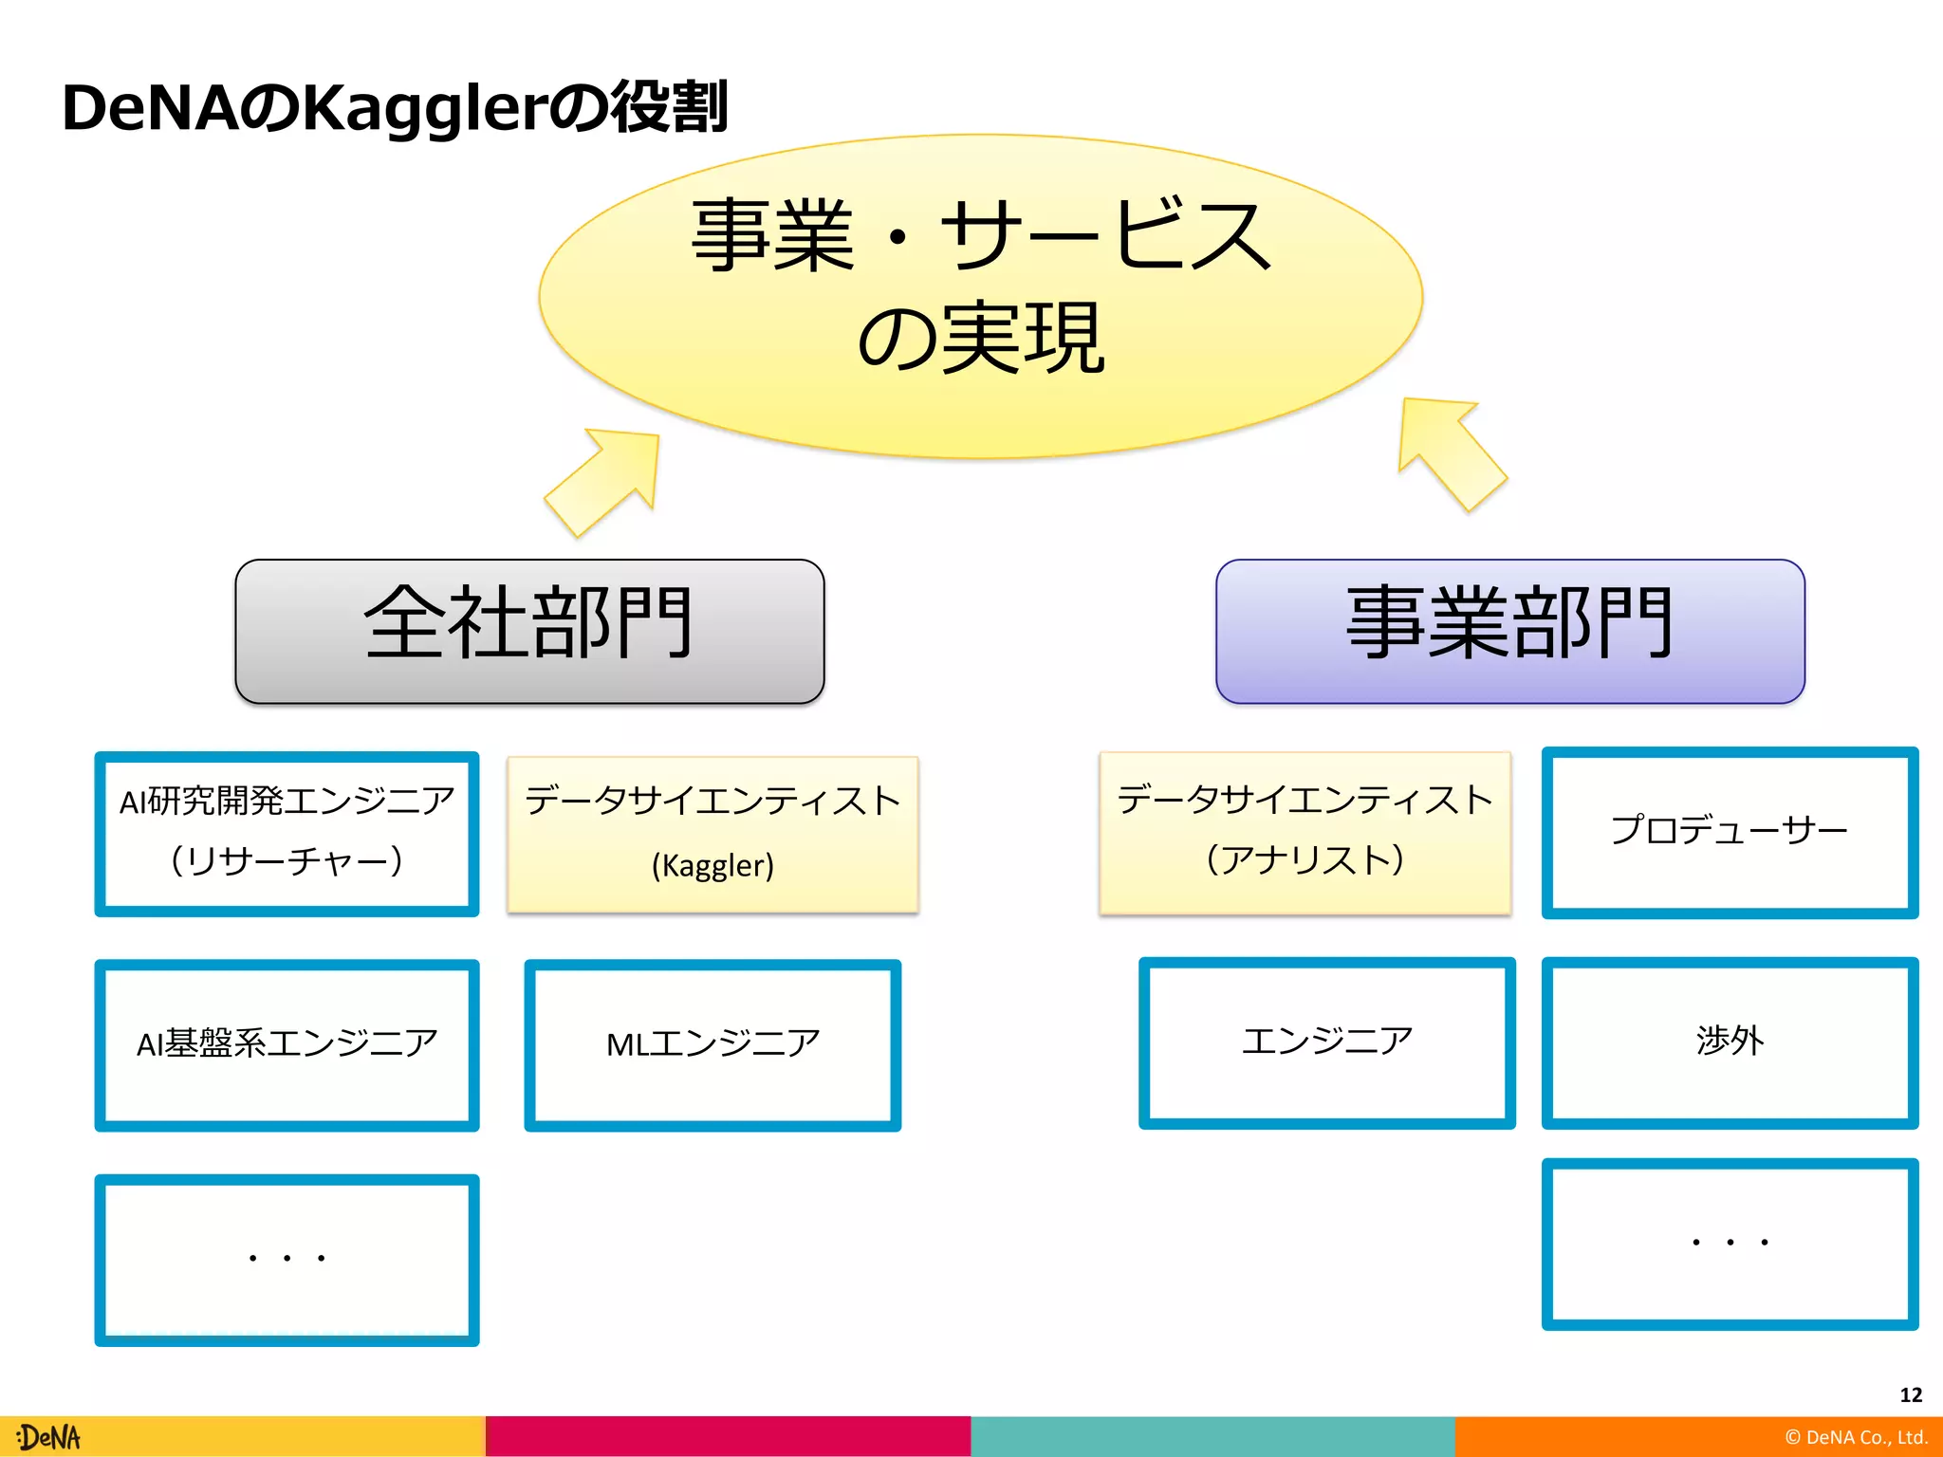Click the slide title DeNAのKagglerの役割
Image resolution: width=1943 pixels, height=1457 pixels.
pyautogui.click(x=395, y=107)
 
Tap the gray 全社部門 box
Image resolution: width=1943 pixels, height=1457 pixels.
pyautogui.click(x=529, y=631)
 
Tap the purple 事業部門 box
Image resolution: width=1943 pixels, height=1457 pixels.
pyautogui.click(x=1509, y=631)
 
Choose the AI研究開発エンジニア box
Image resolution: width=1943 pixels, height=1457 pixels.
pyautogui.click(x=287, y=833)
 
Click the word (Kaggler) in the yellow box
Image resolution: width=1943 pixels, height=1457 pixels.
pyautogui.click(x=712, y=865)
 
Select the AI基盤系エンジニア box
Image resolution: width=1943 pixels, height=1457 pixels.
pyautogui.click(x=287, y=1044)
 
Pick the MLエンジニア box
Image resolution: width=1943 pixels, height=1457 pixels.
pyautogui.click(x=712, y=1044)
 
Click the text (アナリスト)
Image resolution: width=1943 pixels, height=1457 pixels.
pyautogui.click(x=1305, y=859)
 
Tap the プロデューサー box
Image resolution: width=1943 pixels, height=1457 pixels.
pyautogui.click(x=1729, y=832)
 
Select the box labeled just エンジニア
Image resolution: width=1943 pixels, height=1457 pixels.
pyautogui.click(x=1326, y=1042)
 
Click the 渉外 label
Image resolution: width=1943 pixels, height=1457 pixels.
pyautogui.click(x=1730, y=1041)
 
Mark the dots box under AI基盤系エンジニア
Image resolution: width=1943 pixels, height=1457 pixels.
pyautogui.click(x=287, y=1259)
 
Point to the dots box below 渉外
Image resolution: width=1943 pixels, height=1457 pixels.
pyautogui.click(x=1729, y=1243)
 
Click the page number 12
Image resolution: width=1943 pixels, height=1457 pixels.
pyautogui.click(x=1911, y=1394)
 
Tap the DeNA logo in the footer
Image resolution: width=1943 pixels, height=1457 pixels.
pyautogui.click(x=49, y=1437)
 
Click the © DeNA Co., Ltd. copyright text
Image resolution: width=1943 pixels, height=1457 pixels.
pyautogui.click(x=1856, y=1437)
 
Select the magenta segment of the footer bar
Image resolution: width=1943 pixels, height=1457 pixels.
pyautogui.click(x=728, y=1436)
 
